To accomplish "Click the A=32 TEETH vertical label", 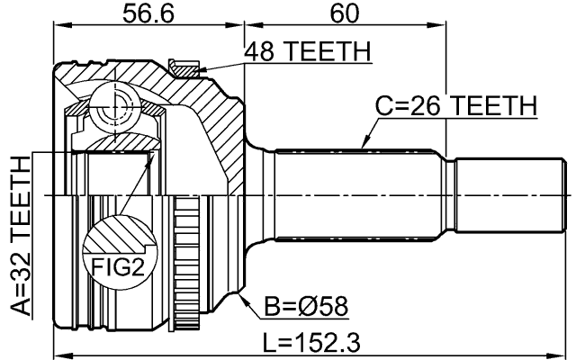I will (x=20, y=233).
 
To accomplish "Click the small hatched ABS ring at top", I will (x=184, y=66).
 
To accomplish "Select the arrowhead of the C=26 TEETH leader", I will (x=362, y=146).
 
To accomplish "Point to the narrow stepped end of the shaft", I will (x=512, y=194).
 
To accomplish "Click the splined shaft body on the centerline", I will (x=360, y=194).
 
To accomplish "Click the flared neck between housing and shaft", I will (x=260, y=194).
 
